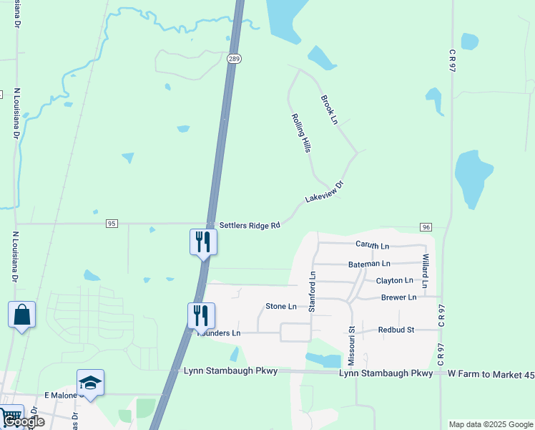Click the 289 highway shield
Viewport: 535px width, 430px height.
pos(234,57)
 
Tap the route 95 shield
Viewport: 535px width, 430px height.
pos(111,224)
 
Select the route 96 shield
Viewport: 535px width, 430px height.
pos(426,227)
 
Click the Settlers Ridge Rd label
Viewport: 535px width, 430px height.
pos(249,226)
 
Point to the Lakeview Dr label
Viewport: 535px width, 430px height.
pos(325,191)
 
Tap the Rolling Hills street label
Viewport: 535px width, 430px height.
pos(301,133)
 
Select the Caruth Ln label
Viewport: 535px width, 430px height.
pos(372,244)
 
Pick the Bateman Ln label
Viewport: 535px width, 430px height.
pos(369,264)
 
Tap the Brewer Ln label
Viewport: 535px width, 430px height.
pos(398,297)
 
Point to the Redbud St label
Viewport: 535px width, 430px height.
pos(396,330)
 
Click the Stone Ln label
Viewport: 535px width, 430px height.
pos(281,306)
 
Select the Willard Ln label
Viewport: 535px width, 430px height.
pos(425,271)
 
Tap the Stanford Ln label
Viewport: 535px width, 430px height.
pos(312,292)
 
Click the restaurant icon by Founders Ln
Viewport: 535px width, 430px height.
pos(202,315)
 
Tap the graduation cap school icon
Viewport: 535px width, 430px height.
pos(91,383)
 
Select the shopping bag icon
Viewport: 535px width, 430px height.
pos(21,315)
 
